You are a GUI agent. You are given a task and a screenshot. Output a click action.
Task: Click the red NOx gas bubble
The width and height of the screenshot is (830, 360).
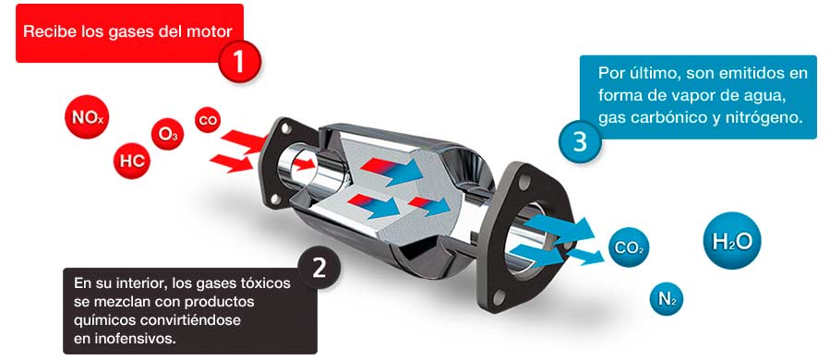pos(87,117)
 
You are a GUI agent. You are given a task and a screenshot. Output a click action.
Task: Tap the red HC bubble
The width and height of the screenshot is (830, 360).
pos(132,161)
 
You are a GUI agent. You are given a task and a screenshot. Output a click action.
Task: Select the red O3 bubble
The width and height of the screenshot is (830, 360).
pos(168,135)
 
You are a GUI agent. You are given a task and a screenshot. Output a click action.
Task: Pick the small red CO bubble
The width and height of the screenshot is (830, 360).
pos(208,120)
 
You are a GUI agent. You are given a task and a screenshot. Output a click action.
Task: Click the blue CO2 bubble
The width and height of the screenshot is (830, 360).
pos(629,247)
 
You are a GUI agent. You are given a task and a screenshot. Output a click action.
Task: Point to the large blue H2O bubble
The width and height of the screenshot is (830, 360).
pos(731,240)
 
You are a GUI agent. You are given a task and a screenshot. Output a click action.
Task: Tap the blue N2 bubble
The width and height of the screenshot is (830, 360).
pos(667,299)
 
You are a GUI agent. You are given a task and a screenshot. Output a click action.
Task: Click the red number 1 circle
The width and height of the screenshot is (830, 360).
pos(239,62)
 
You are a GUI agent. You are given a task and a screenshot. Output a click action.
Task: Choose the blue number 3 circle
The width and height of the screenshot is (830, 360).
pos(580,141)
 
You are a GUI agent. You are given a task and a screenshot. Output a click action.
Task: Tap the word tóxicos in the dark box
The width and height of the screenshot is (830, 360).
pos(267,283)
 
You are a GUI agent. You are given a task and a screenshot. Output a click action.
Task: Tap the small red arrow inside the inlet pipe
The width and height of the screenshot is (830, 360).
pos(304,164)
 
